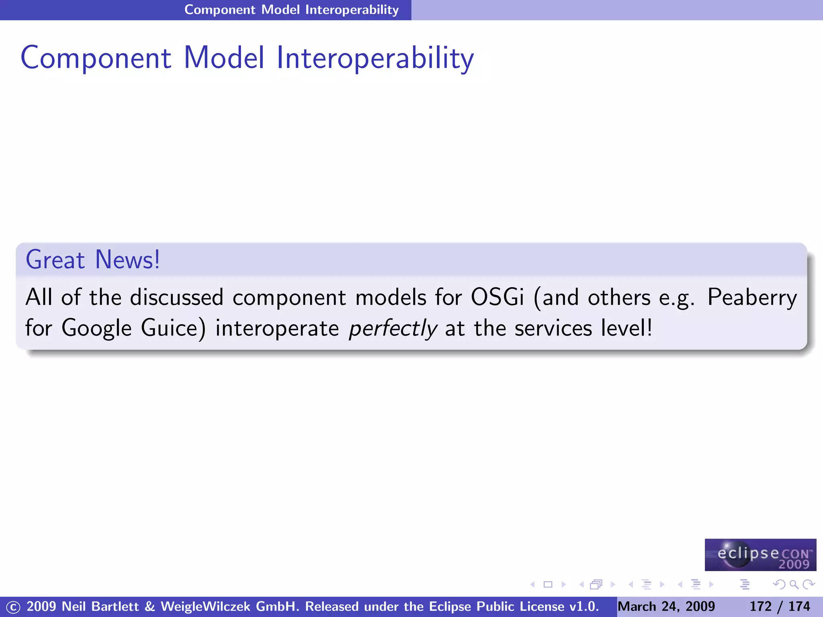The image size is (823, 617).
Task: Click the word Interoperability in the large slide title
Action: pos(375,58)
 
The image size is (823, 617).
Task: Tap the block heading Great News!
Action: pos(93,260)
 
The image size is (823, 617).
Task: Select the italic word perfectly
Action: pos(393,329)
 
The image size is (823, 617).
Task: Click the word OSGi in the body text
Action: pos(497,298)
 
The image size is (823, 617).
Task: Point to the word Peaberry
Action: pos(752,298)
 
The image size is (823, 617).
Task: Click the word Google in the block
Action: pos(96,329)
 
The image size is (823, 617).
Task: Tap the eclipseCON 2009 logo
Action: pos(760,555)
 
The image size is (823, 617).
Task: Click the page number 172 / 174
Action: pos(780,606)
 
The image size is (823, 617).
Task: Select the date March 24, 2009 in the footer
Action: pos(666,606)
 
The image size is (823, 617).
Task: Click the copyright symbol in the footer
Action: pos(13,607)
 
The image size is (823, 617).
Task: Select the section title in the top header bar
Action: pos(291,10)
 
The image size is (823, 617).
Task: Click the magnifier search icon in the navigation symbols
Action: pos(794,584)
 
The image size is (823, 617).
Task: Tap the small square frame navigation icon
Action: pos(548,584)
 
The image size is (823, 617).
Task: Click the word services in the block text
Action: pos(553,329)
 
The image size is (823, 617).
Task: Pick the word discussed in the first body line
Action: pos(176,298)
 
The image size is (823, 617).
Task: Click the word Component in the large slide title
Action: pos(96,58)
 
